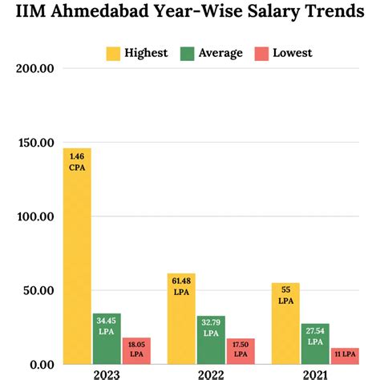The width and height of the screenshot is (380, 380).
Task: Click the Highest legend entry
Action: (x=136, y=53)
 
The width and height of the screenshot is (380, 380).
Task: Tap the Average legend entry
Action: (x=212, y=53)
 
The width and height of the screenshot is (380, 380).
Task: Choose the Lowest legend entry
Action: (x=282, y=53)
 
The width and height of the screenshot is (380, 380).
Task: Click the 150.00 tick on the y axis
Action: (x=34, y=143)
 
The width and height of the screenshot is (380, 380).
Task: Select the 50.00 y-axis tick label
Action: (x=38, y=291)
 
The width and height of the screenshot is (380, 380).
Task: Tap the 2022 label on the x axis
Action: (x=210, y=373)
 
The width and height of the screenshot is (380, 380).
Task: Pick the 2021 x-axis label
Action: (x=314, y=373)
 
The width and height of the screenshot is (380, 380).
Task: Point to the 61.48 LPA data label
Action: (x=181, y=285)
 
